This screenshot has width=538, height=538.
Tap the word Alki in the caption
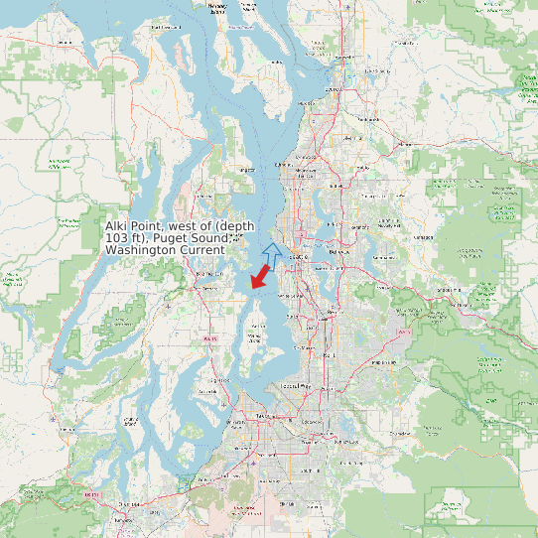pos(118,226)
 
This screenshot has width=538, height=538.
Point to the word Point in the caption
pos(149,226)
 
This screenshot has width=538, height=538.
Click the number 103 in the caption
pos(118,238)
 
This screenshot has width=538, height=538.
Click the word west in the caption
pos(185,226)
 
